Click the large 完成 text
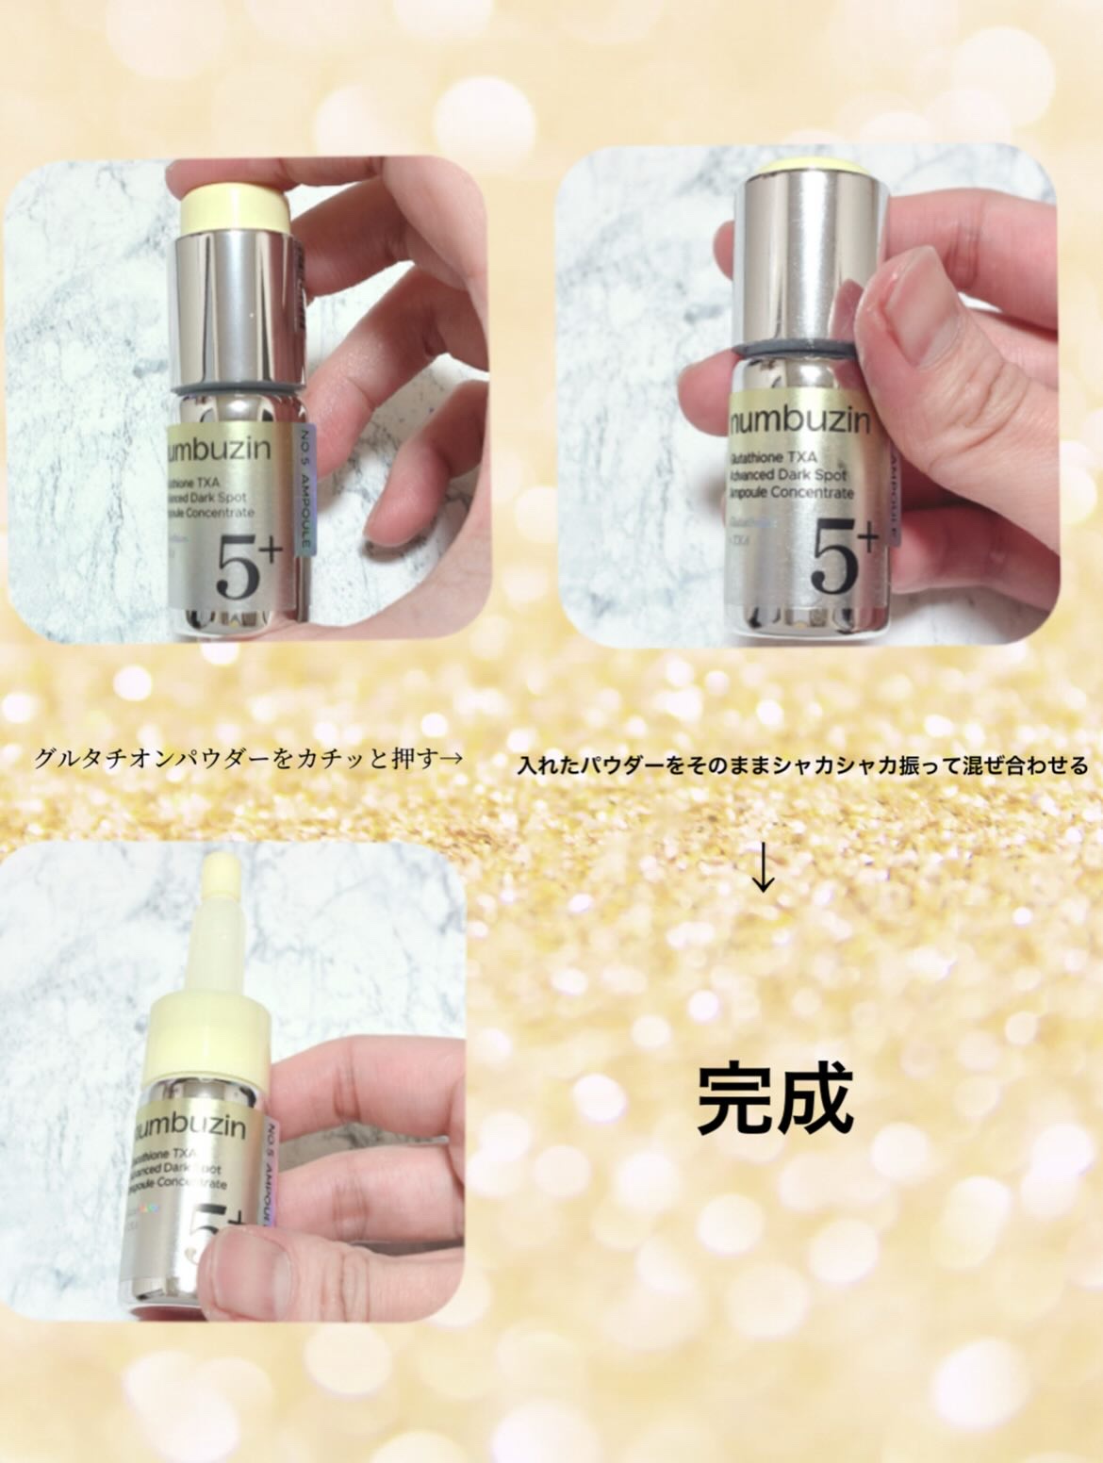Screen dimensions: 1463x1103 tap(775, 1097)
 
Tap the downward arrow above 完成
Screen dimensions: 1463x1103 tap(763, 873)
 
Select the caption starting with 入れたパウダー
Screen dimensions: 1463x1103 tap(801, 764)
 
